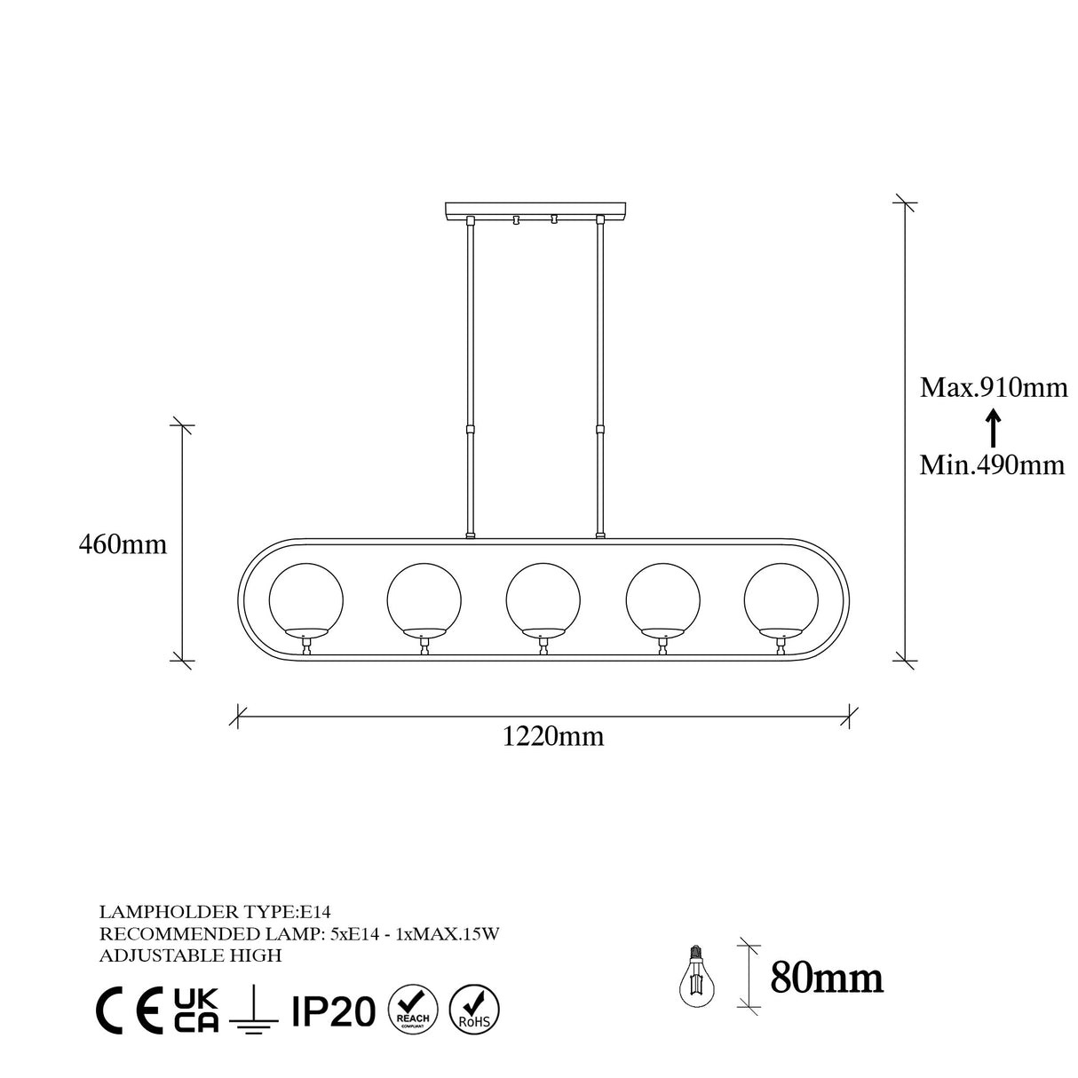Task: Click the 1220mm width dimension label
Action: pyautogui.click(x=553, y=736)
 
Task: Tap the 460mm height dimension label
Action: pyautogui.click(x=123, y=544)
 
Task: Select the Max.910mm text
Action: pyautogui.click(x=993, y=388)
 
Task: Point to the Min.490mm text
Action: pyautogui.click(x=992, y=464)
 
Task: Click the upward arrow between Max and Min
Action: pyautogui.click(x=994, y=427)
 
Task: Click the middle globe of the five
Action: pyautogui.click(x=543, y=600)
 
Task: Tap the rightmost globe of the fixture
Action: pyautogui.click(x=781, y=600)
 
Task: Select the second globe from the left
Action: pyautogui.click(x=424, y=600)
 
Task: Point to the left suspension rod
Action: pyautogui.click(x=471, y=373)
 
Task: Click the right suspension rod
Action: pyautogui.click(x=600, y=373)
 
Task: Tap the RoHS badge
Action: pyautogui.click(x=475, y=1009)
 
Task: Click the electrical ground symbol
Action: pyautogui.click(x=254, y=1011)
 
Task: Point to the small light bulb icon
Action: pyautogui.click(x=697, y=978)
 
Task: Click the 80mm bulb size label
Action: pyautogui.click(x=827, y=978)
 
